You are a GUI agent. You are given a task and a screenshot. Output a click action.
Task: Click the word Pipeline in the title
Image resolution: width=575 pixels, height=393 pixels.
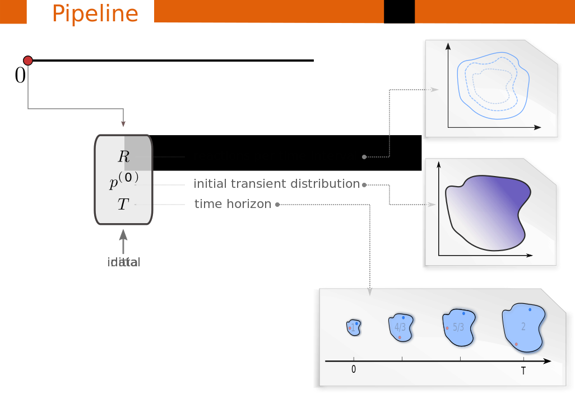pos(95,13)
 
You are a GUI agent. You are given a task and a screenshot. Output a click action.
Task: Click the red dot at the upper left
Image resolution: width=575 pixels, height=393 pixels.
pos(27,61)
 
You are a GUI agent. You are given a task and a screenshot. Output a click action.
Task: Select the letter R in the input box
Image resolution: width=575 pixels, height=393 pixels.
pos(123,156)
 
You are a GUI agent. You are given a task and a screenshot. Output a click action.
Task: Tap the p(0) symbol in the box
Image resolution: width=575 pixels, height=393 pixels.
pos(123,181)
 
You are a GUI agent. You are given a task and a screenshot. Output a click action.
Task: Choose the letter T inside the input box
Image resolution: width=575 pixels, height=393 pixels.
pos(123,205)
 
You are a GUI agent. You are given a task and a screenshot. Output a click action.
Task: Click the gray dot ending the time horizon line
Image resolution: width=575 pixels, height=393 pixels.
pos(277,205)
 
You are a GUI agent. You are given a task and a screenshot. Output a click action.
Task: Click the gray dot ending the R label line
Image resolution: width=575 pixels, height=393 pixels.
pos(364,157)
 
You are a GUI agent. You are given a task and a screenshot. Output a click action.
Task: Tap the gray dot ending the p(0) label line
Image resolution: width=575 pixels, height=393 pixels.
pos(364,184)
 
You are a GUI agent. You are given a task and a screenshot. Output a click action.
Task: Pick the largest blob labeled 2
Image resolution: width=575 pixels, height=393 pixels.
pos(523,327)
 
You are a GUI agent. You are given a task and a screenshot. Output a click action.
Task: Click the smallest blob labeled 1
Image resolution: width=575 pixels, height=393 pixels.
pos(353,327)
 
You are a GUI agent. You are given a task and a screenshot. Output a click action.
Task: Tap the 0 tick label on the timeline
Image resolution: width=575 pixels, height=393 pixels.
pos(354,369)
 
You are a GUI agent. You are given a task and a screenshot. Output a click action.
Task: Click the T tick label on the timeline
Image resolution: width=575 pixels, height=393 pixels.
pos(523,371)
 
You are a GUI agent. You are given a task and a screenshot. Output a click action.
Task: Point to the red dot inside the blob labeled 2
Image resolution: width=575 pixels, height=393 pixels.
pos(516,344)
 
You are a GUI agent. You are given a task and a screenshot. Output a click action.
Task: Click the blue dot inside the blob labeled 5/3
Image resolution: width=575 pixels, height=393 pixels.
pos(463,313)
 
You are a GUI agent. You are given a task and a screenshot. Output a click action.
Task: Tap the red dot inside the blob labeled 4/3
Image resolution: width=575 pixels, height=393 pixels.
pos(400,337)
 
